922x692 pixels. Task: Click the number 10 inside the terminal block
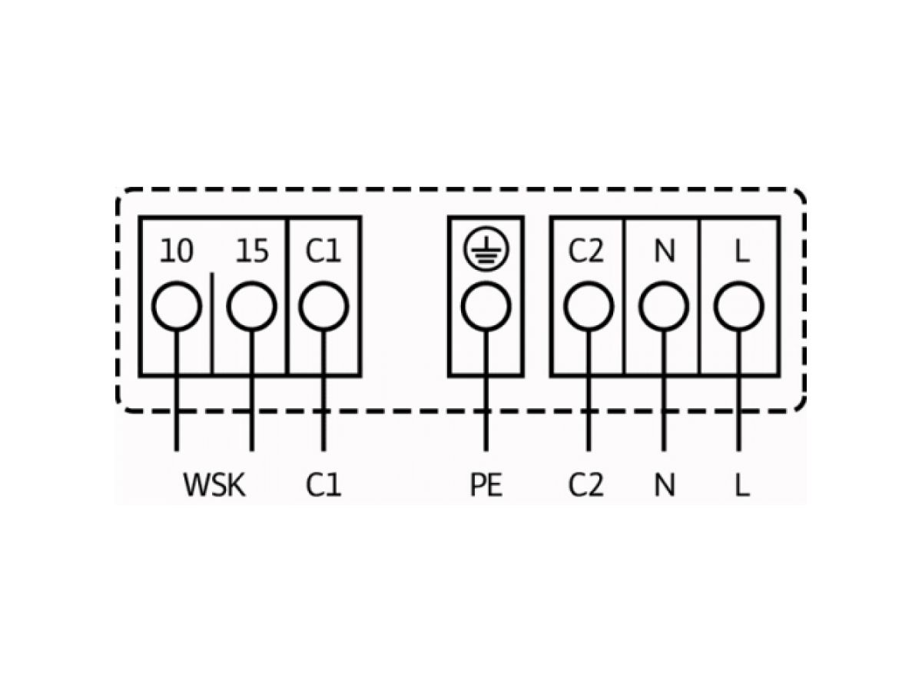pos(177,251)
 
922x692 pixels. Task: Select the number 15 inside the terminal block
pos(251,251)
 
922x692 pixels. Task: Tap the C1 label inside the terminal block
pos(323,251)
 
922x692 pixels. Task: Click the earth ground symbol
pos(486,248)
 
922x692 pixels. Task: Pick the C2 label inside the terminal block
pos(585,251)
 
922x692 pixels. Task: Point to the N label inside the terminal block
pos(665,251)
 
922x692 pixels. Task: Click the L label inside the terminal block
pos(741,251)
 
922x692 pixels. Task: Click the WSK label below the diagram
pos(214,485)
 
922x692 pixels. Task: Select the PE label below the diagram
pos(486,485)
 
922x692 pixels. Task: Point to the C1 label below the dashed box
pos(323,485)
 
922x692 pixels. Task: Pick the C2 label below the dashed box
pos(585,485)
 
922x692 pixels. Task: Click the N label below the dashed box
pos(665,485)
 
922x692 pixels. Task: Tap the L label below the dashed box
pos(741,485)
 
